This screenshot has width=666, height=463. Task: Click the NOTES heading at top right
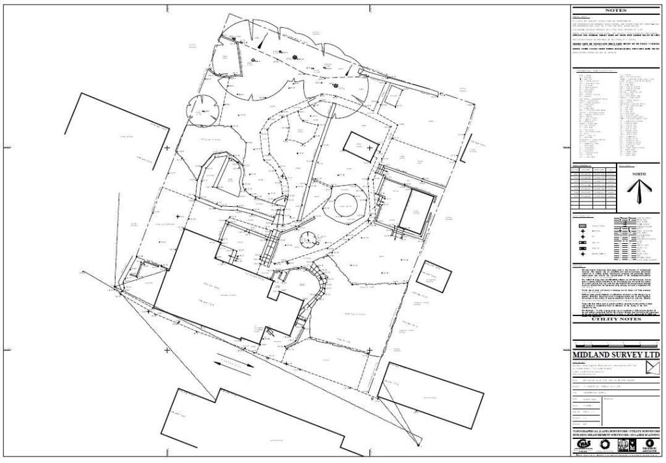point(615,10)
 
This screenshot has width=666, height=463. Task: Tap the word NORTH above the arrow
point(639,174)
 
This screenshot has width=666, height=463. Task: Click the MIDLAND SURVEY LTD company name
point(615,356)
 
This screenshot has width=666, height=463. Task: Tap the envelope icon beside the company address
point(650,369)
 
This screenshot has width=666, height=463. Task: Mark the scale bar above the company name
point(615,345)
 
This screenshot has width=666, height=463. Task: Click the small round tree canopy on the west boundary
point(201,109)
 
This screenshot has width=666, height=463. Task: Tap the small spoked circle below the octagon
point(307,241)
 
